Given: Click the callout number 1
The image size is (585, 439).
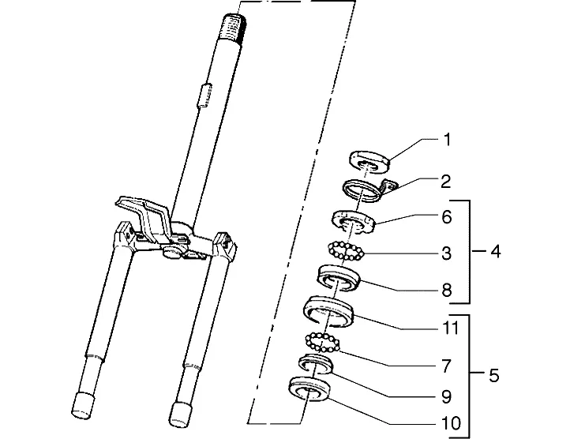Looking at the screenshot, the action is click(447, 140).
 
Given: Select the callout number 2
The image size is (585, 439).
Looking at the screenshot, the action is click(446, 182).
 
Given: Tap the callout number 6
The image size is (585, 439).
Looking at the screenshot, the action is click(447, 216).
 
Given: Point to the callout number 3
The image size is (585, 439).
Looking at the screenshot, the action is click(447, 253).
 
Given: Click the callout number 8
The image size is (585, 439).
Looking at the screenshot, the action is click(447, 291).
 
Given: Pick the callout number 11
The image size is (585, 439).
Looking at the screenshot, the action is click(450, 328).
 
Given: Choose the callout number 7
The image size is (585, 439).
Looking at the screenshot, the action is click(447, 366).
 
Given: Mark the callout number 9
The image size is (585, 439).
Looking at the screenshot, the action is click(447, 396).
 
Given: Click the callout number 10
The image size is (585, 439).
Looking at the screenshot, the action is click(451, 423).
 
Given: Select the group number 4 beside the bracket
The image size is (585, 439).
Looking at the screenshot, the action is click(495, 251).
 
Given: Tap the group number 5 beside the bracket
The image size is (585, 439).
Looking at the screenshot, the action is click(494, 375).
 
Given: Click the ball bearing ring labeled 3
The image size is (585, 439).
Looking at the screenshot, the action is click(346, 250).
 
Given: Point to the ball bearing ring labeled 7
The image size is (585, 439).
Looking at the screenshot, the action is click(322, 343).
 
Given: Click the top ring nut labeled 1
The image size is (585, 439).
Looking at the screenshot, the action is click(369, 162).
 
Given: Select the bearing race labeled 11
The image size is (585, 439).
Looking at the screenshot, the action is click(328, 311).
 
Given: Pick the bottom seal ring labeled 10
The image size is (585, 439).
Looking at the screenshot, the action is click(309, 389).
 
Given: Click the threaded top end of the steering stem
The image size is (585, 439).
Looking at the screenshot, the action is click(234, 27).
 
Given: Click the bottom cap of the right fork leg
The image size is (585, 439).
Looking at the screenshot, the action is click(181, 414).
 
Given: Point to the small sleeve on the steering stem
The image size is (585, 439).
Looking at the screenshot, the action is click(204, 96).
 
